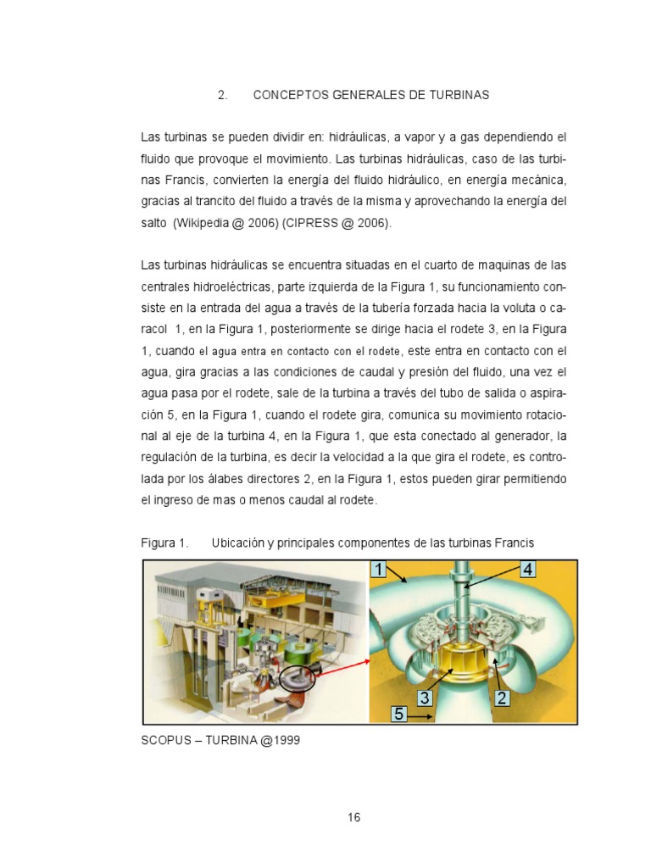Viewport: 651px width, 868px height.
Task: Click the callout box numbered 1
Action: click(x=378, y=570)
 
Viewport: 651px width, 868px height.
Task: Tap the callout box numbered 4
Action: click(x=526, y=570)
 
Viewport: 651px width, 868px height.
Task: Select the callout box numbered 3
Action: click(x=426, y=698)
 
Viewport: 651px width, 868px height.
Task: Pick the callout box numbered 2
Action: click(x=501, y=698)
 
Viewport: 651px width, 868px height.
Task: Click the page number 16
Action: click(x=353, y=817)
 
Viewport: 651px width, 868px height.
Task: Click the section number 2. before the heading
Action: click(x=223, y=95)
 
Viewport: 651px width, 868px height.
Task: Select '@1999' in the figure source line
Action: click(x=281, y=740)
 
